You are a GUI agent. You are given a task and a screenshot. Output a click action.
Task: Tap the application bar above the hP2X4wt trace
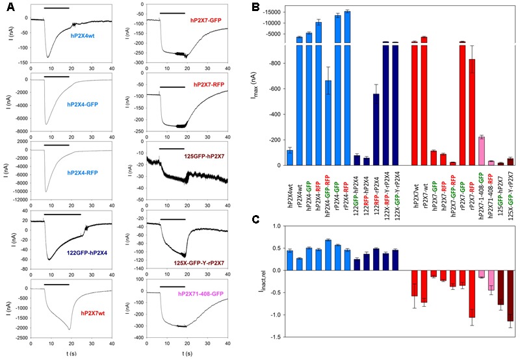tap(57, 8)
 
